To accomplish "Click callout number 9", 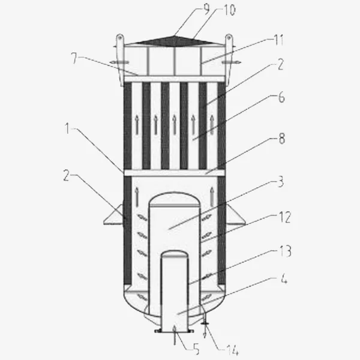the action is [206, 9].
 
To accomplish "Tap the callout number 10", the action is [229, 11].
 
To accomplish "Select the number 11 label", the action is [279, 40].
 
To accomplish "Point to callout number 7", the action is [74, 58].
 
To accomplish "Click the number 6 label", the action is [281, 97].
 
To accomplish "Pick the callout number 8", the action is [282, 138].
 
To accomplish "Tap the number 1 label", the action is [67, 128].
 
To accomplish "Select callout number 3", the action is [281, 182].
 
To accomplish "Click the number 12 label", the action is [285, 217].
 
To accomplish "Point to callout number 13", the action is [285, 251].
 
